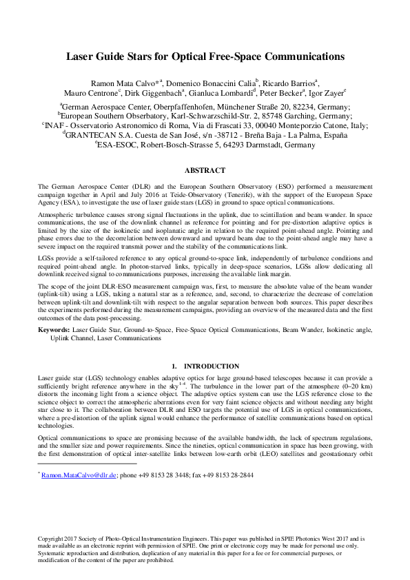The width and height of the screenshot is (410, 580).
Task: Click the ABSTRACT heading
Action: click(x=205, y=170)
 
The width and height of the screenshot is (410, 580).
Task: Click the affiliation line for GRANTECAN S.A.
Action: click(x=205, y=136)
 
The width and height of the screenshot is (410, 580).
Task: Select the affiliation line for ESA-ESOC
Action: click(x=205, y=146)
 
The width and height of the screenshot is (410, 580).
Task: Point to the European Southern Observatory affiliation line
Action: click(x=205, y=116)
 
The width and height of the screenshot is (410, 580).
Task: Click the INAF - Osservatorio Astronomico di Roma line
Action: click(x=205, y=126)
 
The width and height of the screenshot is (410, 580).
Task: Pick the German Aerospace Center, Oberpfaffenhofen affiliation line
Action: click(x=205, y=107)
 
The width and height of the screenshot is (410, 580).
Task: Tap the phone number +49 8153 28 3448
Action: click(x=165, y=475)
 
